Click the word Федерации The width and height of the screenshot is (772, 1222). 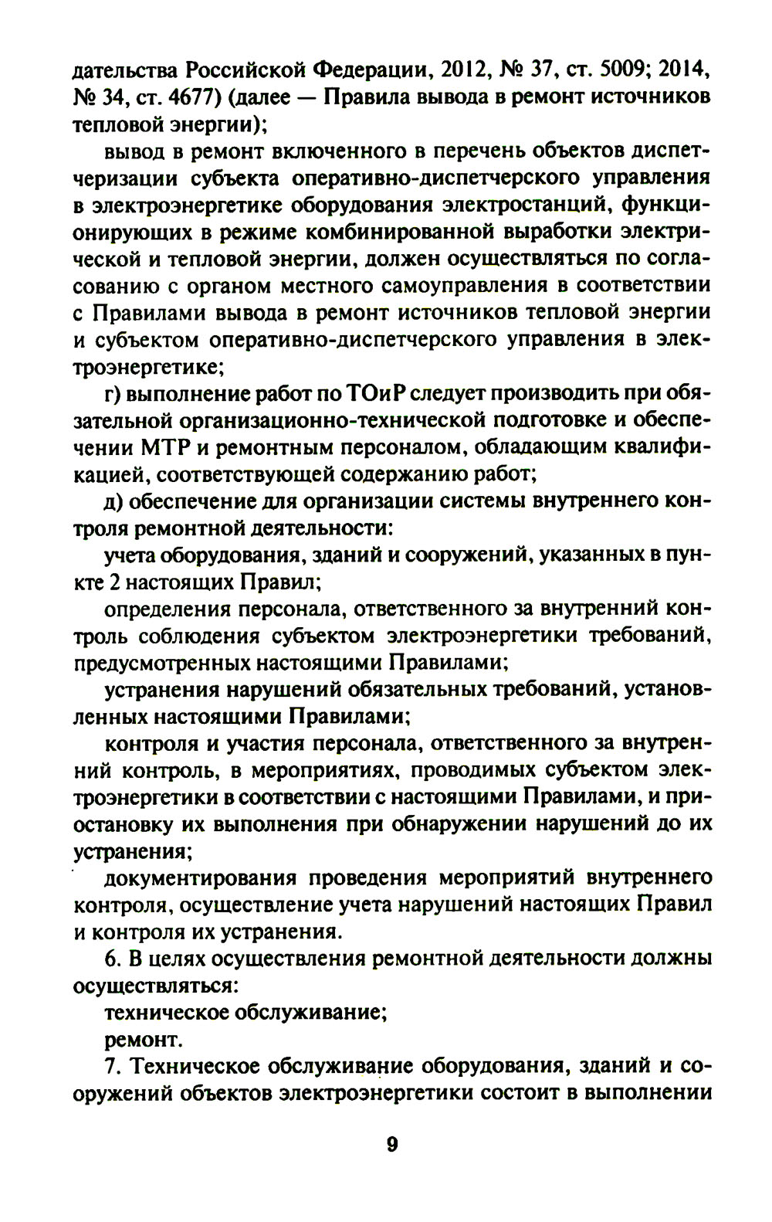372,73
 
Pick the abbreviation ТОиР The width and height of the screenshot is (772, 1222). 369,395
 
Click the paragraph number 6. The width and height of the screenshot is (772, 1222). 111,959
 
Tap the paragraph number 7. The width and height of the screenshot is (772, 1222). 111,1067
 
